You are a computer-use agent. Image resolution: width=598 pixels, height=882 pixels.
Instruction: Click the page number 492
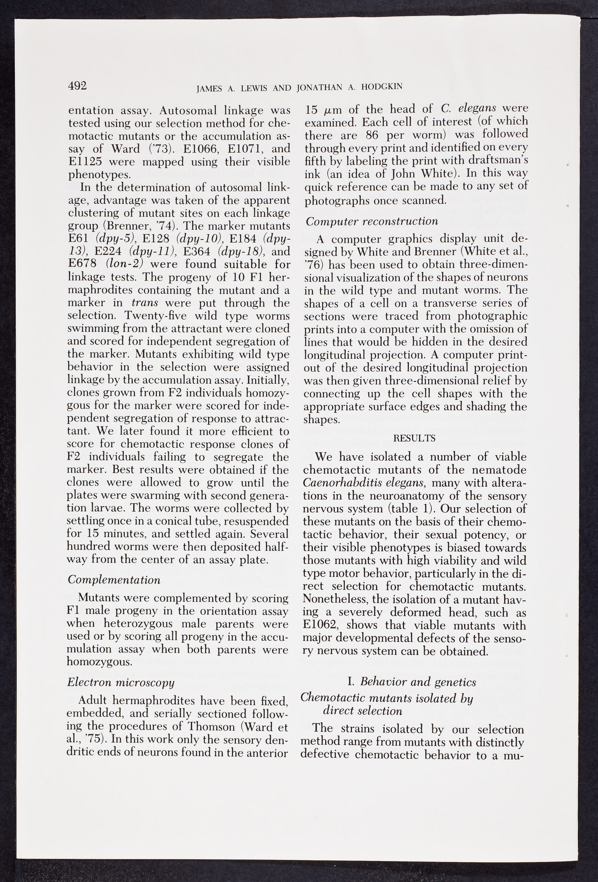click(x=78, y=86)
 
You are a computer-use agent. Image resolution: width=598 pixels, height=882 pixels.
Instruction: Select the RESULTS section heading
click(x=414, y=438)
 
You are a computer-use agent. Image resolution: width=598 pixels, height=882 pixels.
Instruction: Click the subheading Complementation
click(x=114, y=580)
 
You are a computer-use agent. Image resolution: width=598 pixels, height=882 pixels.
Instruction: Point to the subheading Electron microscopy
click(x=121, y=682)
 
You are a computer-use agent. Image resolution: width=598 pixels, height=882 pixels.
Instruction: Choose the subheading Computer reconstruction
click(x=372, y=221)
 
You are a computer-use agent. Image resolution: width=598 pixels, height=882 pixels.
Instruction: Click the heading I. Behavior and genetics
click(x=411, y=682)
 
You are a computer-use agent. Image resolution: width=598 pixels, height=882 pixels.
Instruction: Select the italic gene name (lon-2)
click(x=122, y=264)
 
